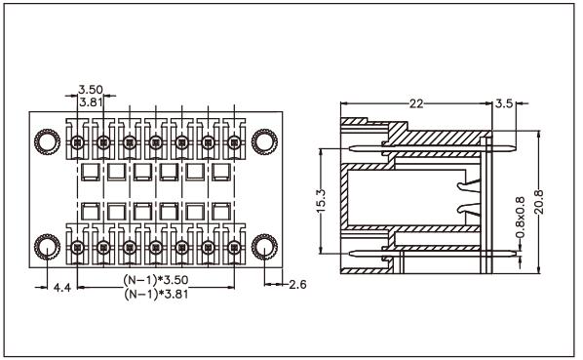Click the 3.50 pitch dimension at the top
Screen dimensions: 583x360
click(x=91, y=90)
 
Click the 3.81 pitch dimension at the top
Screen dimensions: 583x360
click(x=91, y=101)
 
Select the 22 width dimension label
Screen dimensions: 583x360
click(x=416, y=103)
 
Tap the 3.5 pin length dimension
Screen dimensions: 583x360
click(x=504, y=103)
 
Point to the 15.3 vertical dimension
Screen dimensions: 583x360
click(x=321, y=201)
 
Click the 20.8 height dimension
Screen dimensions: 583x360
click(x=539, y=202)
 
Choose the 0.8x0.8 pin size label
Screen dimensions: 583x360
click(x=520, y=218)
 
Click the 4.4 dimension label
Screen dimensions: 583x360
click(x=62, y=287)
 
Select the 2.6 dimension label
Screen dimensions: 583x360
click(x=297, y=285)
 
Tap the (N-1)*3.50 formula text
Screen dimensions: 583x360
click(x=156, y=279)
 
